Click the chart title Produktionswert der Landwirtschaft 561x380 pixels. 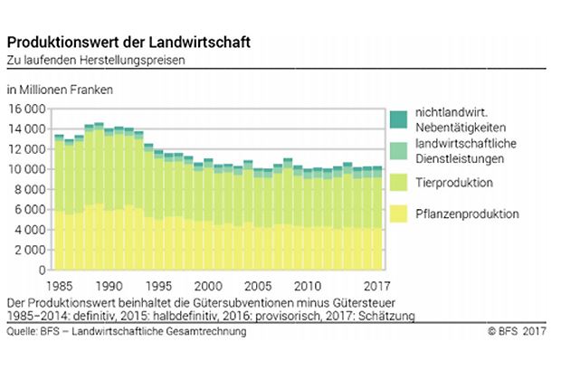[129, 43]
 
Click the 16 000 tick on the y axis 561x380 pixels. [27, 109]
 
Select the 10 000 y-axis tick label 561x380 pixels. [27, 169]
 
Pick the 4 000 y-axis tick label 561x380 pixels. [31, 230]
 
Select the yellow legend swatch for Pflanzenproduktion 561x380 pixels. [398, 214]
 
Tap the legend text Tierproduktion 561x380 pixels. [454, 184]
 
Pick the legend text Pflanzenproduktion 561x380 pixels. [467, 214]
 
